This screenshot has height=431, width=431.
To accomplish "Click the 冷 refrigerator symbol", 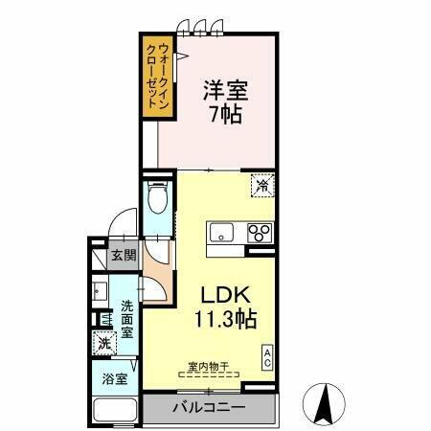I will tap(261, 186).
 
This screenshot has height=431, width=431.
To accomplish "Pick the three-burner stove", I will tap(259, 232).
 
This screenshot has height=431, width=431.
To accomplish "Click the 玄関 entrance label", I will tap(122, 256).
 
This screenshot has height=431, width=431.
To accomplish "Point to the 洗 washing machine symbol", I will tap(102, 342).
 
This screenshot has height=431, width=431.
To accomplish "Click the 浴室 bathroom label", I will tap(114, 378).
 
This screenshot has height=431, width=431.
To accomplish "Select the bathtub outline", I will tap(115, 409).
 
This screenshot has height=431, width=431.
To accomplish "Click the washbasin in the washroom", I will tap(100, 290).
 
